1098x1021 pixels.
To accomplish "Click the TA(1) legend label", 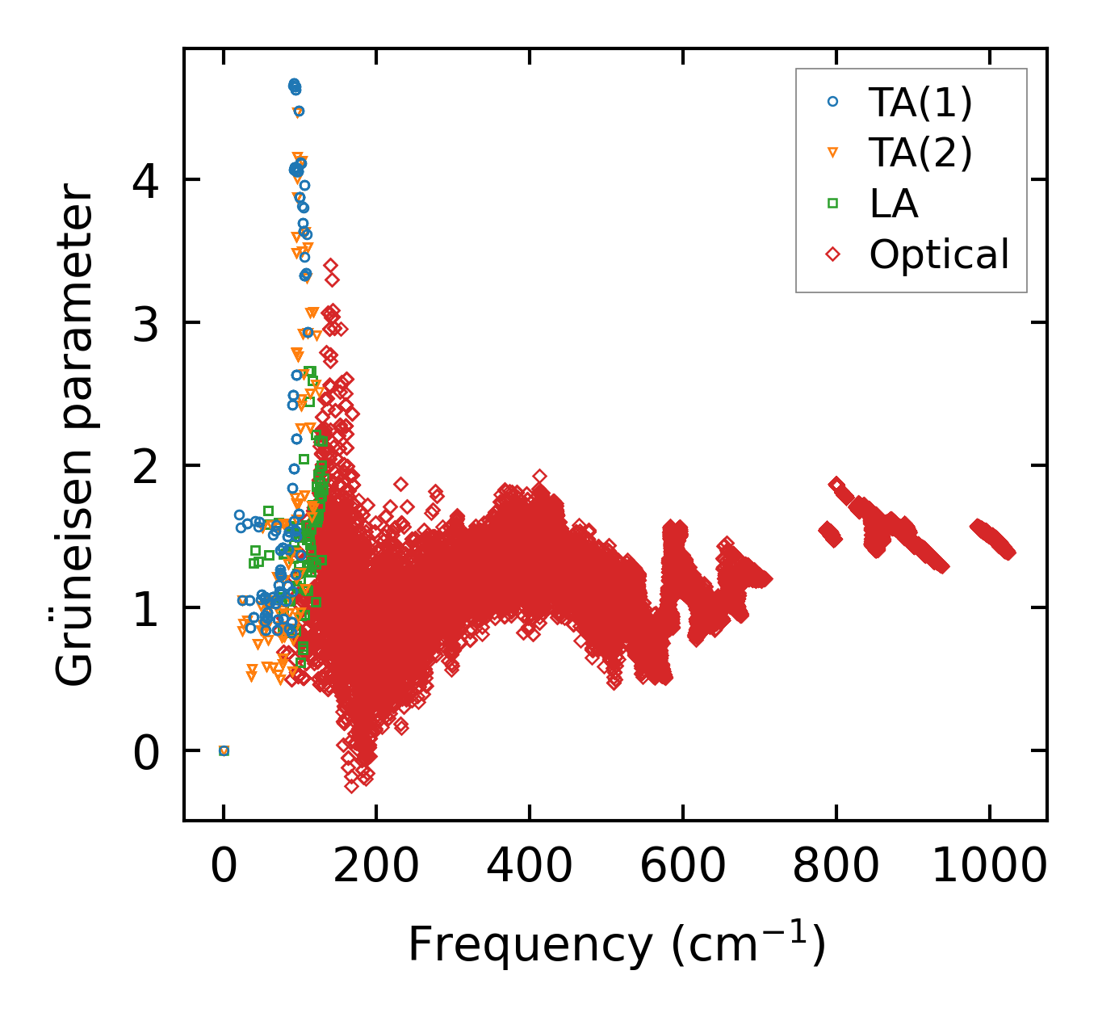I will pyautogui.click(x=920, y=102).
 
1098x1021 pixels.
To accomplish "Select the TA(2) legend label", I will pyautogui.click(x=920, y=153).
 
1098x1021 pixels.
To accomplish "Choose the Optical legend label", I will pyautogui.click(x=939, y=254).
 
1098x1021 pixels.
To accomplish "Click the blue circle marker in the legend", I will pyautogui.click(x=833, y=102).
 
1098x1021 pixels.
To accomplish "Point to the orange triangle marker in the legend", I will pyautogui.click(x=833, y=153).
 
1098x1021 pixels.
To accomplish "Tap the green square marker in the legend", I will pyautogui.click(x=833, y=204).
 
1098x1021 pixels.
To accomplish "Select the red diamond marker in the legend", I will pyautogui.click(x=833, y=254).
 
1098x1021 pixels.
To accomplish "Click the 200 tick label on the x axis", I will pyautogui.click(x=376, y=866).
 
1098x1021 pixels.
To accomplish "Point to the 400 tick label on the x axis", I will pyautogui.click(x=530, y=866).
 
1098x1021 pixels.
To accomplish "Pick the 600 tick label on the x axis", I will pyautogui.click(x=683, y=866).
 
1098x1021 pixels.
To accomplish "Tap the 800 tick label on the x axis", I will pyautogui.click(x=836, y=866).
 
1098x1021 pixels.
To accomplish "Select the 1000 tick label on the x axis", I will pyautogui.click(x=989, y=866).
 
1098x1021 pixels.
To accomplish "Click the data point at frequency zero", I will pyautogui.click(x=224, y=750).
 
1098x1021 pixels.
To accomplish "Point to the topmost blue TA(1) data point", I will pyautogui.click(x=294, y=84).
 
